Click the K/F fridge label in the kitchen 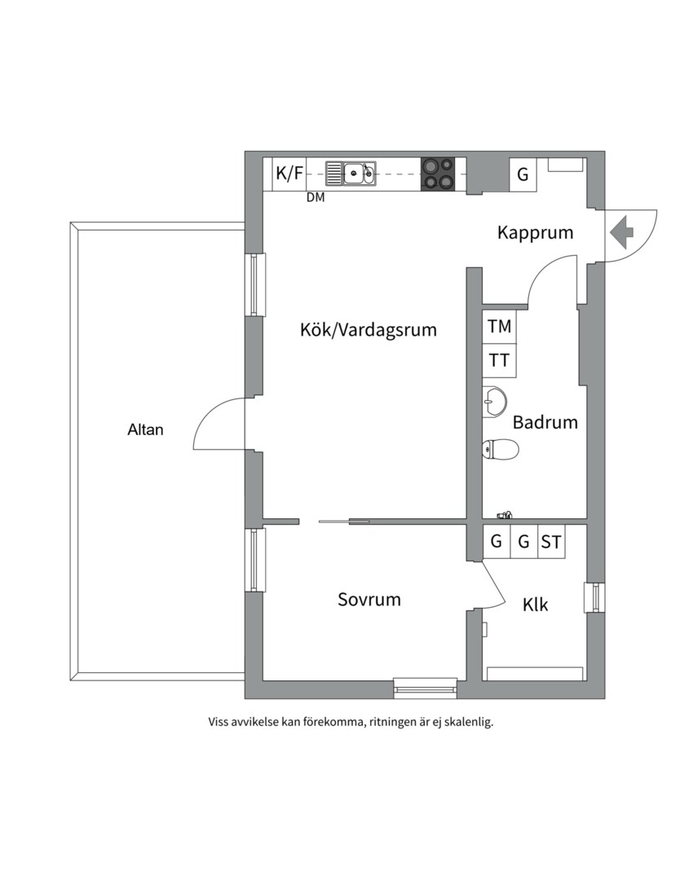(289, 174)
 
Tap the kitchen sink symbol (351, 173)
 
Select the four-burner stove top (437, 174)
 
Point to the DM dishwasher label (315, 198)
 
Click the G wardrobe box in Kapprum (523, 174)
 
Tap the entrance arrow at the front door (622, 231)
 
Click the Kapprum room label (535, 233)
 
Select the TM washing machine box (500, 327)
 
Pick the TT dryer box (500, 359)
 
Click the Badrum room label (545, 423)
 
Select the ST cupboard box (551, 542)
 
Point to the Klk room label (535, 605)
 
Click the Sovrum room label (369, 600)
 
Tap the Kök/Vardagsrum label (368, 330)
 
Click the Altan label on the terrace (145, 429)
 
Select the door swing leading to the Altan (218, 424)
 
